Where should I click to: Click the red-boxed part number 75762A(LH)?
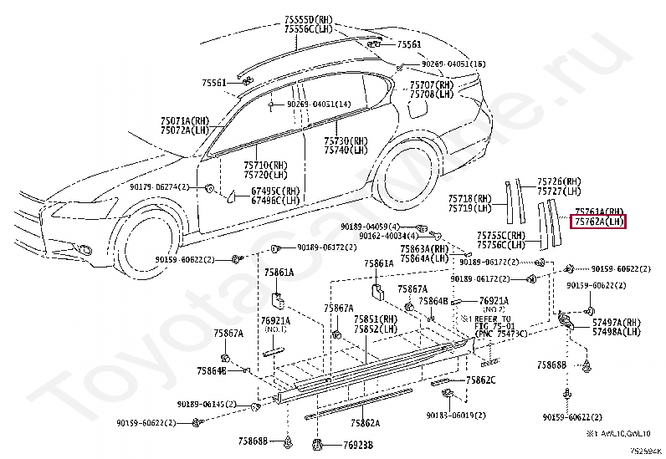pos(599,222)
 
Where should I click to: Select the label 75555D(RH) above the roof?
pos(309,19)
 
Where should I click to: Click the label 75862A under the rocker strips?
pos(366,423)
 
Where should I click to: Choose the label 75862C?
pos(480,380)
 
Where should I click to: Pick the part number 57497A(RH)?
pos(616,322)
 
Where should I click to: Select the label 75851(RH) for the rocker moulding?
pos(376,319)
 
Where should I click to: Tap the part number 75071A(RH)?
pos(185,121)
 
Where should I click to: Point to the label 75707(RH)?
pos(432,85)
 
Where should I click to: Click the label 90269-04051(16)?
pos(453,64)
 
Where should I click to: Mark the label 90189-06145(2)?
pos(207,404)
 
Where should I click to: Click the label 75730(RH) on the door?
pos(346,140)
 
